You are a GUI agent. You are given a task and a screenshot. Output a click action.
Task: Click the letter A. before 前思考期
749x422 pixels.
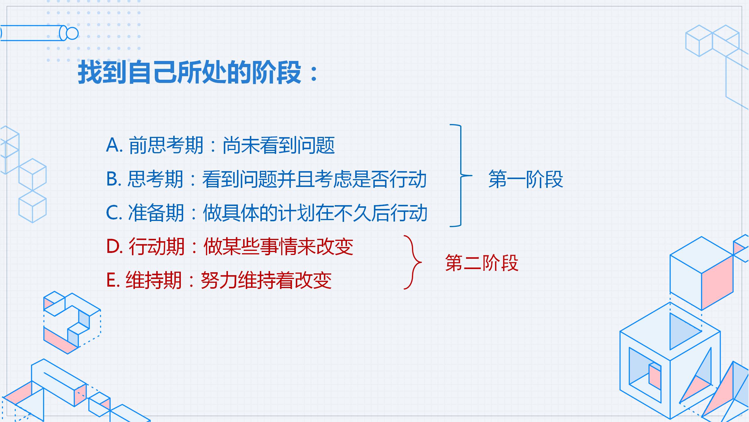point(114,145)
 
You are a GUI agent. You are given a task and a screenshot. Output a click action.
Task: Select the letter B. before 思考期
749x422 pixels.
point(114,179)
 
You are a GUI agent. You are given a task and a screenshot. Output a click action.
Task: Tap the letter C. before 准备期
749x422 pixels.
point(114,213)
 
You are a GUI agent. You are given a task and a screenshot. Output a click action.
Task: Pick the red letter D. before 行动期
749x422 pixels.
point(114,246)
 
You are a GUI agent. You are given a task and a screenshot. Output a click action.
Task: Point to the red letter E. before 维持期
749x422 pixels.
point(113,280)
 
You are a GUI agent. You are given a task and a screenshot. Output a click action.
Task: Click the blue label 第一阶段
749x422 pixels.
point(526,179)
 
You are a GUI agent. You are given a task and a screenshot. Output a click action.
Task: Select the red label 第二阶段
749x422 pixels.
point(482,263)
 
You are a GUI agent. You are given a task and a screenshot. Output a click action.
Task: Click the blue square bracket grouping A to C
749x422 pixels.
point(461,176)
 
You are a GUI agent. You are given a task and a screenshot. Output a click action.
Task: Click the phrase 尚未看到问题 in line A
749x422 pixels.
point(279,145)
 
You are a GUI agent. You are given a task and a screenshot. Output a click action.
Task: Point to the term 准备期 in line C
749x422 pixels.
point(156,213)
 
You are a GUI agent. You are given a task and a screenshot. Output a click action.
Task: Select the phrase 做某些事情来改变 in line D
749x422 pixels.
point(278,246)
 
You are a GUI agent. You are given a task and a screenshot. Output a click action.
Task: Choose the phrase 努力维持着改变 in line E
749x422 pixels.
point(266,280)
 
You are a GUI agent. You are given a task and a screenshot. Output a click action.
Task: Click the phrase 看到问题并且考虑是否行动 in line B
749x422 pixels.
point(315,179)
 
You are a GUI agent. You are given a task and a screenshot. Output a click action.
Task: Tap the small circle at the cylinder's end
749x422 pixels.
point(72,33)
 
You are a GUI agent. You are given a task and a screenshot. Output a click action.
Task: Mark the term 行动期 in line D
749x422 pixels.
point(157,246)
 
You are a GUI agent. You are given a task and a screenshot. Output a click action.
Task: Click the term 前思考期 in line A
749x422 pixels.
point(166,145)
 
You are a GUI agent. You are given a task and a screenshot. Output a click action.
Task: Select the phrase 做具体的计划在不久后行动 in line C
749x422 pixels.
point(315,213)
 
